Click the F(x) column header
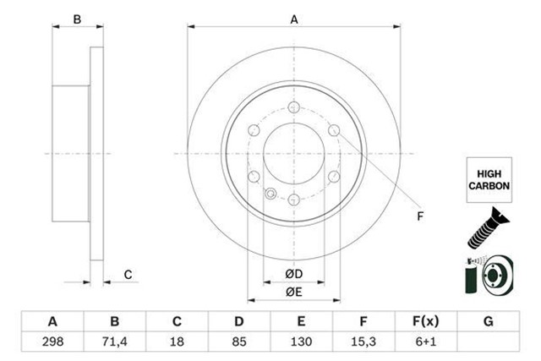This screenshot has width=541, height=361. pos(425,322)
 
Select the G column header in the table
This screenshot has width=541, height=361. pos(488,322)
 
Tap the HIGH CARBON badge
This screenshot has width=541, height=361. pos(488,179)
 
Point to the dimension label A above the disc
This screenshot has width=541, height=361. pos(294,19)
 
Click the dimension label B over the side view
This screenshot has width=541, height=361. pos(77,19)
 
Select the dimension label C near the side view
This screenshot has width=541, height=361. pos(128,273)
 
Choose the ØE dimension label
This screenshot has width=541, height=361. pos(293,292)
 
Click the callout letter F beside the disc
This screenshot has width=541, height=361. pos(420,216)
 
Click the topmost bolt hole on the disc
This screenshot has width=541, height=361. pos(293,107)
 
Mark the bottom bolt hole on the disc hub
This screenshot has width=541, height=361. pos(293,200)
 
